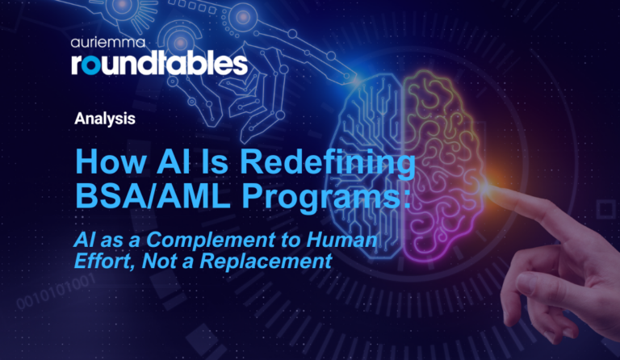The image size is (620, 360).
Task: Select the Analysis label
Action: click(x=104, y=118)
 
